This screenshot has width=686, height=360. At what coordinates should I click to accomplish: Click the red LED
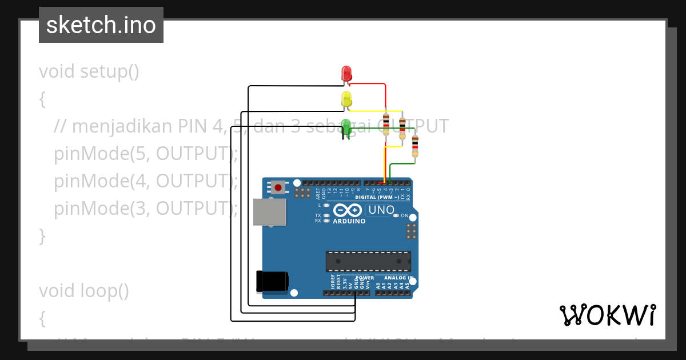pyautogui.click(x=346, y=74)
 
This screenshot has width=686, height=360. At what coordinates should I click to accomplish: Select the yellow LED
pyautogui.click(x=346, y=99)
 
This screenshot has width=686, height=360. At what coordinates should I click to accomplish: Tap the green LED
pyautogui.click(x=346, y=126)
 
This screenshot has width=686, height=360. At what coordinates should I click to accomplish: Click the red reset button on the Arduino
pyautogui.click(x=278, y=187)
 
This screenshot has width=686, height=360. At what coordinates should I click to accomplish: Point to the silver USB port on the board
pyautogui.click(x=269, y=212)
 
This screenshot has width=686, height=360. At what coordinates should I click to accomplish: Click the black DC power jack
pyautogui.click(x=273, y=281)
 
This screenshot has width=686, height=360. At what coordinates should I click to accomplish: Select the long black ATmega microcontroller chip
pyautogui.click(x=368, y=261)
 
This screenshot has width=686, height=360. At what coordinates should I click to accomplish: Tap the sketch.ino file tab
pyautogui.click(x=101, y=25)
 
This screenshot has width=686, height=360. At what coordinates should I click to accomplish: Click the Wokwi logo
pyautogui.click(x=607, y=315)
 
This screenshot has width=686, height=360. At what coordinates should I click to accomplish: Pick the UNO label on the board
pyautogui.click(x=381, y=210)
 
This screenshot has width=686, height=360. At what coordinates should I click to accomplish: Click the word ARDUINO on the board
pyautogui.click(x=349, y=221)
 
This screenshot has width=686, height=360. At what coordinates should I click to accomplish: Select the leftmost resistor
pyautogui.click(x=386, y=123)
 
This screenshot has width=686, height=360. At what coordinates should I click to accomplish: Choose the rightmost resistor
pyautogui.click(x=415, y=146)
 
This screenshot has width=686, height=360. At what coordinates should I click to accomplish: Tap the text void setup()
pyautogui.click(x=89, y=71)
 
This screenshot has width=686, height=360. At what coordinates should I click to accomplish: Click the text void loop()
pyautogui.click(x=84, y=291)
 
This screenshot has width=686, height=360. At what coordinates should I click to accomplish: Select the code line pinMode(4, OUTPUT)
pyautogui.click(x=146, y=181)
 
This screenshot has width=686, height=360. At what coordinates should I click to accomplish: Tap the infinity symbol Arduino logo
pyautogui.click(x=348, y=210)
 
